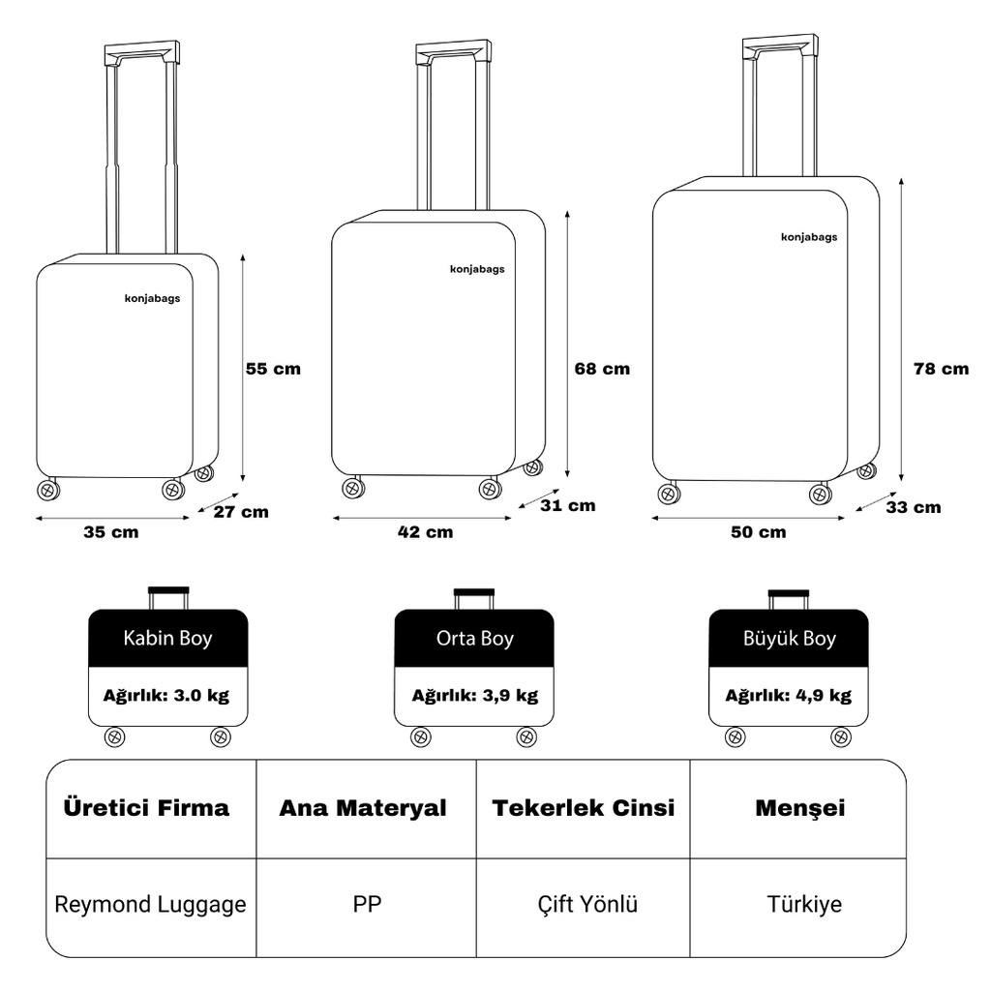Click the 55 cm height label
click(273, 369)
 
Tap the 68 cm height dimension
click(601, 369)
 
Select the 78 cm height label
click(941, 369)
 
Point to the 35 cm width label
click(111, 532)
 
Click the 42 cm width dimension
click(425, 531)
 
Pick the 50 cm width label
click(758, 531)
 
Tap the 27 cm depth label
click(241, 512)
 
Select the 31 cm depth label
click(567, 505)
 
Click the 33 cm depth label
click(913, 506)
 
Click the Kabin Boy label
click(167, 639)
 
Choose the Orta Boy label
click(474, 639)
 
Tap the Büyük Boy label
click(789, 639)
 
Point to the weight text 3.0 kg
click(200, 695)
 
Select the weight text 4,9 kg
click(824, 695)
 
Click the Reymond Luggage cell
click(150, 905)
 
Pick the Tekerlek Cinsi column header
click(583, 808)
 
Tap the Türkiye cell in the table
click(804, 905)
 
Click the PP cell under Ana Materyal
click(367, 905)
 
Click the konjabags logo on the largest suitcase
click(809, 237)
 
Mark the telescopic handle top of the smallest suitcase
click(142, 50)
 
